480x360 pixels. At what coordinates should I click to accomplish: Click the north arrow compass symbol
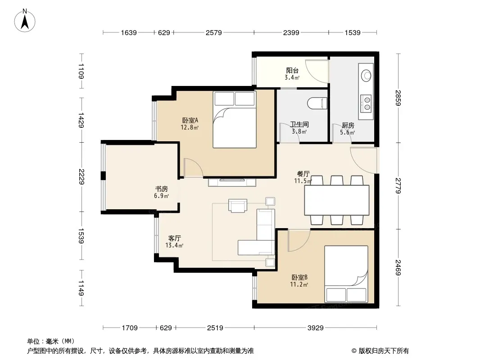[25, 21]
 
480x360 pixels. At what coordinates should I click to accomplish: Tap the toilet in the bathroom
[317, 103]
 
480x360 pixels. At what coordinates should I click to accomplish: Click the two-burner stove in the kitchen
[366, 103]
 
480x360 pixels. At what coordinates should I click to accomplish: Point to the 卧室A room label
[190, 120]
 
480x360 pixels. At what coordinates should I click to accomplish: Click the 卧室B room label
[299, 277]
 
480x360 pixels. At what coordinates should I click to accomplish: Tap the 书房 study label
[161, 189]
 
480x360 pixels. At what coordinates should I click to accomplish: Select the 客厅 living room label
[175, 238]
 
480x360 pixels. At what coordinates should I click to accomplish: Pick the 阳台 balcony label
[292, 71]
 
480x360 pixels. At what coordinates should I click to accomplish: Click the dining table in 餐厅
[337, 200]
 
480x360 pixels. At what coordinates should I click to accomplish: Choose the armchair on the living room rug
[238, 206]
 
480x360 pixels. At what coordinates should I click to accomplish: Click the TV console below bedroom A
[232, 182]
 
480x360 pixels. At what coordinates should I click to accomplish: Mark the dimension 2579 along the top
[214, 32]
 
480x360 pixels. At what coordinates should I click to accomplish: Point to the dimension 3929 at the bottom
[316, 328]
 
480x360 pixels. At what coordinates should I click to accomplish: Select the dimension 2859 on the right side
[398, 98]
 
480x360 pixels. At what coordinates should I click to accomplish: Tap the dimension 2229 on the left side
[82, 177]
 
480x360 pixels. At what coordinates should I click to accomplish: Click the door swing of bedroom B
[299, 240]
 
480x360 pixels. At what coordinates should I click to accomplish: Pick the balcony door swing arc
[317, 71]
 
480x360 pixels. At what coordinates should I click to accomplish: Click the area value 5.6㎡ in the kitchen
[348, 132]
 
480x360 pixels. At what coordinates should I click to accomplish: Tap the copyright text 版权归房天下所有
[384, 351]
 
